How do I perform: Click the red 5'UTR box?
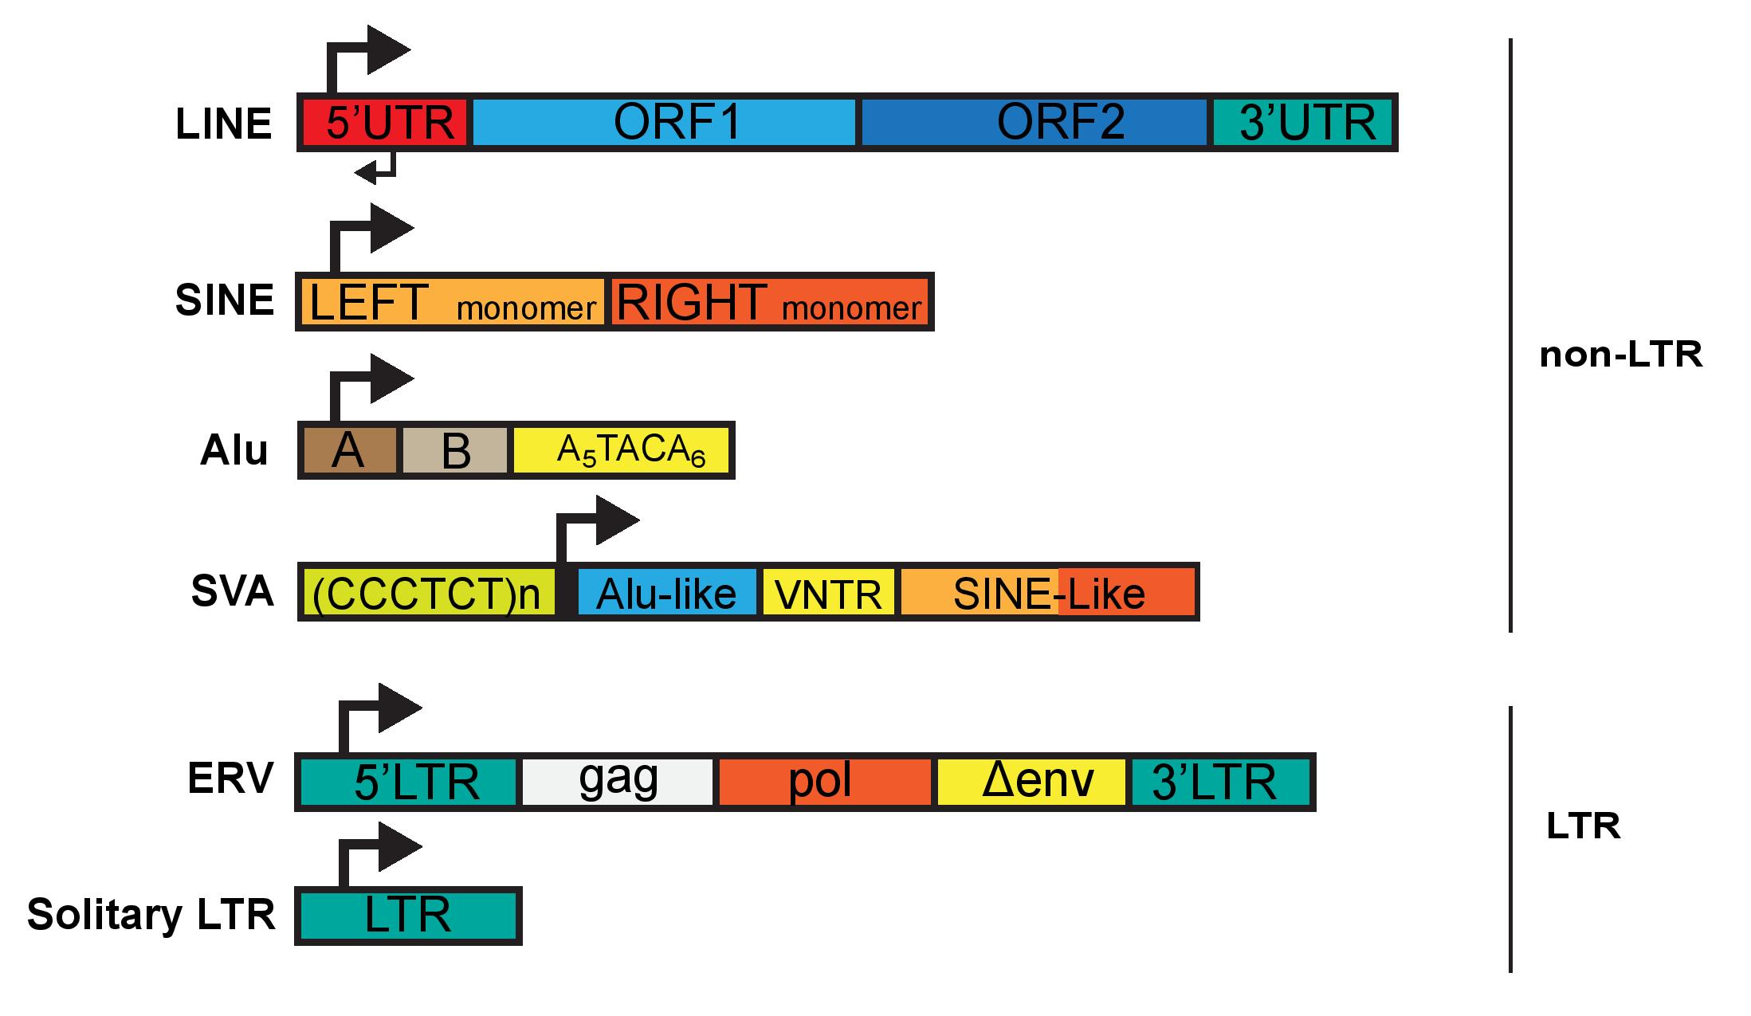click(387, 123)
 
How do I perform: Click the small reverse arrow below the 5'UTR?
click(375, 169)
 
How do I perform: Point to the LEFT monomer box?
click(451, 303)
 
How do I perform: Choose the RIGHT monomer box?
click(770, 303)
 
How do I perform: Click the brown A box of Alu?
click(349, 451)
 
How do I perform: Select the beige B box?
click(454, 451)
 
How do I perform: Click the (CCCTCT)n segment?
click(427, 592)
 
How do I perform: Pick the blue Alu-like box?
click(666, 592)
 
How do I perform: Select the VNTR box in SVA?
click(829, 592)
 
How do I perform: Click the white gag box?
click(618, 782)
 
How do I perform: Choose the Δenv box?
click(1031, 782)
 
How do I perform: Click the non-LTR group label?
click(1620, 354)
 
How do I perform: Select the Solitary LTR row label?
click(151, 914)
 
